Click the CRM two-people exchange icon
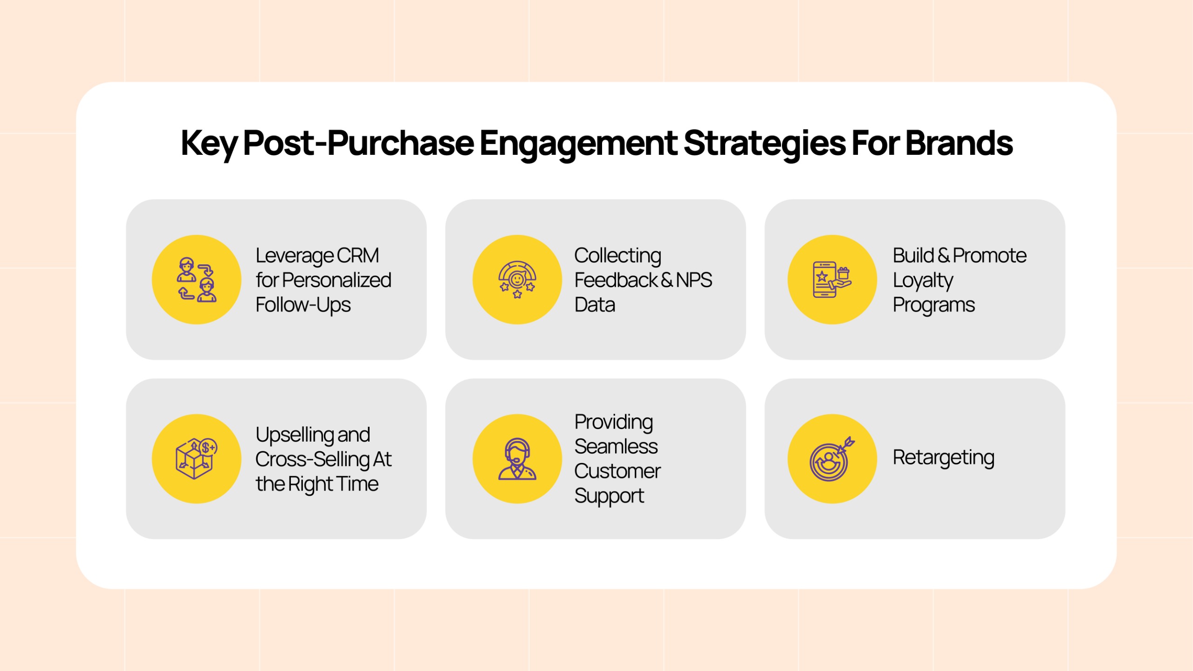[197, 280]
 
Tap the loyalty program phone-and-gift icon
[832, 280]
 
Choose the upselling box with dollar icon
[196, 459]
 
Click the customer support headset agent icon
[517, 459]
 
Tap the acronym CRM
[358, 256]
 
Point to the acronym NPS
[694, 280]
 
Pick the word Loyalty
[923, 281]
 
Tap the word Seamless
[616, 447]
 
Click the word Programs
[933, 306]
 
